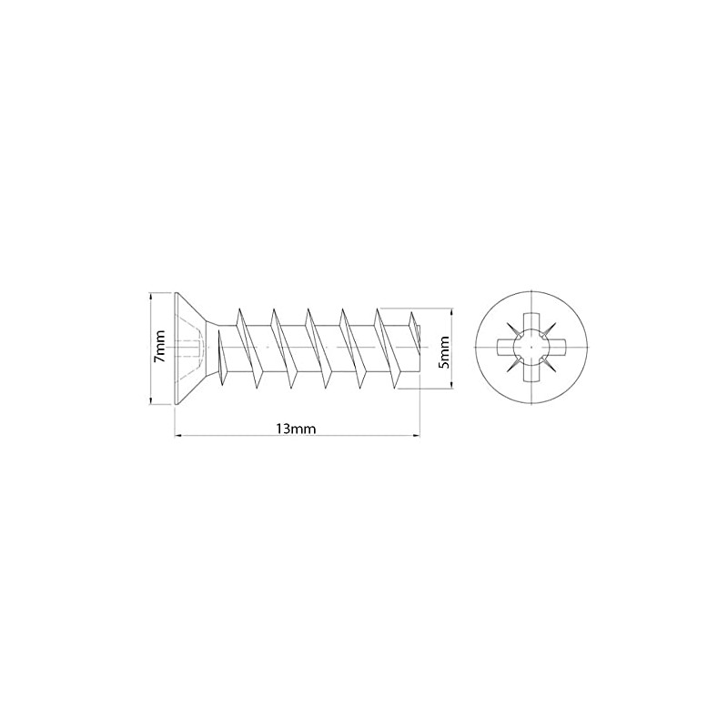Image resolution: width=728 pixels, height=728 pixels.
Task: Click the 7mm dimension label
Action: (159, 348)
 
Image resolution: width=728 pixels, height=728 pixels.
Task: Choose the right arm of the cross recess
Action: (552, 347)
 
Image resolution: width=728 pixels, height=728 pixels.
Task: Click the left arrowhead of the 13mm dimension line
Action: (177, 437)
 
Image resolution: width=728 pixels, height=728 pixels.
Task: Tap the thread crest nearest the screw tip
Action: (379, 314)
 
